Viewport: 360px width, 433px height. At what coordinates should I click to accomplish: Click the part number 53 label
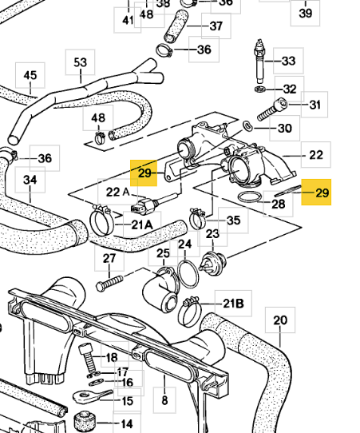(80, 62)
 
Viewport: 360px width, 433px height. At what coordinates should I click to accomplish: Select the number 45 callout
(30, 75)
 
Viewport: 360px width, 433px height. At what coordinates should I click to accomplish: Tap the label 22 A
(118, 192)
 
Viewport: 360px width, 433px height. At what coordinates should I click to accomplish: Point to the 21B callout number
(233, 304)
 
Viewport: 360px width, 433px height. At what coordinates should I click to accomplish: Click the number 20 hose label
(280, 320)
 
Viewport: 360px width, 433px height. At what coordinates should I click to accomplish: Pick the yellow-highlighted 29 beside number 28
(316, 193)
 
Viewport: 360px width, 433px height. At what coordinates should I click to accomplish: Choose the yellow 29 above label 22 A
(144, 173)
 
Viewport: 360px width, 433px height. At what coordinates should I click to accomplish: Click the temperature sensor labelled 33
(259, 62)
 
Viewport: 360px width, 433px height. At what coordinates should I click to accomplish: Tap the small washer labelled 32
(260, 89)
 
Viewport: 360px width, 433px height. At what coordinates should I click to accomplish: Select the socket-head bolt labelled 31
(272, 110)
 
